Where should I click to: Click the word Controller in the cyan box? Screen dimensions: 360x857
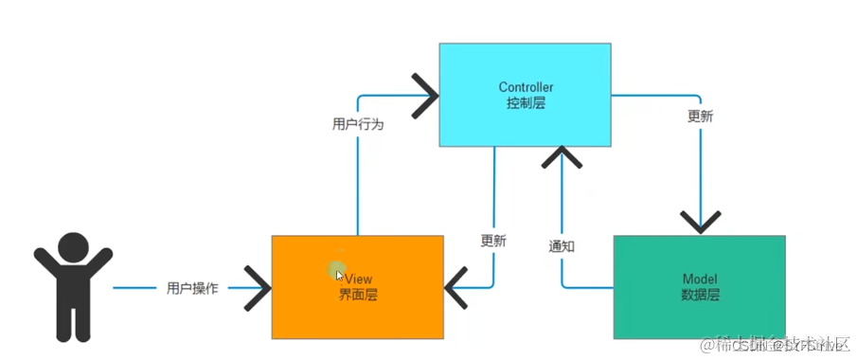coord(526,87)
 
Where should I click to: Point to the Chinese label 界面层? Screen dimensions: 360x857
coord(358,295)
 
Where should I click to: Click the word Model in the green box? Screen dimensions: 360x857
coord(700,279)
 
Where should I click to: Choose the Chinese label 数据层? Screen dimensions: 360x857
coord(700,295)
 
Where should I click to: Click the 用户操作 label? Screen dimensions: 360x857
coord(192,288)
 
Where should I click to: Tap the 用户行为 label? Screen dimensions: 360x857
coord(358,124)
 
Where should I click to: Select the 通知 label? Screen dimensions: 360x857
coord(562,245)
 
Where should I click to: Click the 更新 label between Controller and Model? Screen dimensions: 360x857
coord(700,117)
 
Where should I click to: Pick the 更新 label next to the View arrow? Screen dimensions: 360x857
coord(493,241)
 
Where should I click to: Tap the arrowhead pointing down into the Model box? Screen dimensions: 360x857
coord(700,224)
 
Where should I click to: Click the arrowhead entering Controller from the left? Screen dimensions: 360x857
coord(426,95)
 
